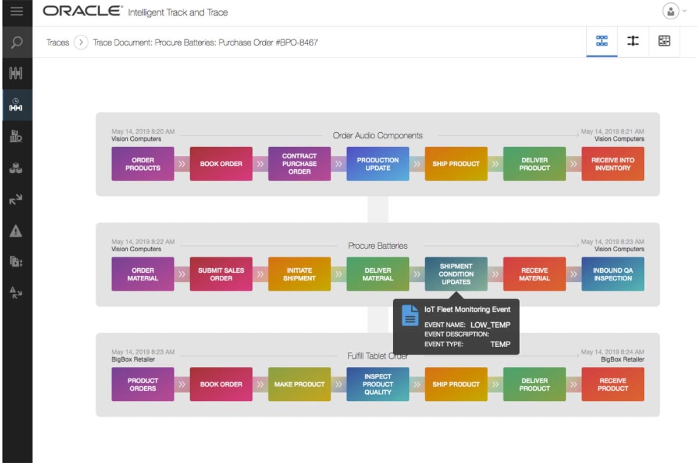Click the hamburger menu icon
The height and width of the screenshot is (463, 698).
[x=16, y=11]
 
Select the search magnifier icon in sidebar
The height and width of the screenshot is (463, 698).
[x=16, y=42]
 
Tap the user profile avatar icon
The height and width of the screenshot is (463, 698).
[x=671, y=11]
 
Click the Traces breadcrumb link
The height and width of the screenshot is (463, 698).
[x=58, y=42]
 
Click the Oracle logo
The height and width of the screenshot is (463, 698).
[x=83, y=11]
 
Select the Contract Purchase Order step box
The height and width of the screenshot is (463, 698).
[x=300, y=164]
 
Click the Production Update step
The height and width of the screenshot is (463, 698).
[x=378, y=164]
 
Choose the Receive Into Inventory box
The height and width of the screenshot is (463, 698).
[x=613, y=164]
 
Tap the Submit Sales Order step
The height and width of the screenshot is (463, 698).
[x=221, y=274]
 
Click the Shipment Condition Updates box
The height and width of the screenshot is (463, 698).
[x=456, y=274]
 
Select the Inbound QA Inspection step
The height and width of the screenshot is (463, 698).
[x=613, y=274]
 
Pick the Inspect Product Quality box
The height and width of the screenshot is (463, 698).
[x=378, y=384]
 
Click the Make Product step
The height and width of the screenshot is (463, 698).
[x=300, y=384]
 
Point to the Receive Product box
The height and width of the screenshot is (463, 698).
[x=613, y=384]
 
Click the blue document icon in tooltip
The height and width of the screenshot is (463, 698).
[x=411, y=315]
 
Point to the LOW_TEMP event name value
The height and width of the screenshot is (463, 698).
[x=490, y=325]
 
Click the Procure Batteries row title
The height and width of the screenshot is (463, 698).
[x=378, y=245]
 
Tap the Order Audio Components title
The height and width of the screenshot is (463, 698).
[x=378, y=136]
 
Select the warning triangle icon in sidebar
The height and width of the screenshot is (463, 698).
[x=16, y=231]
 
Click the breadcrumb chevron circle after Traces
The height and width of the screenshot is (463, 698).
[x=81, y=42]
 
